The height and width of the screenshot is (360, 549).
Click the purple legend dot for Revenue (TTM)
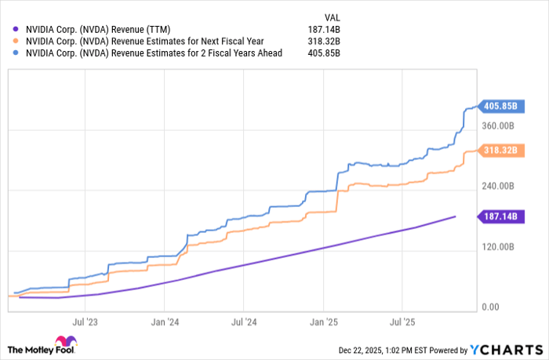point(16,30)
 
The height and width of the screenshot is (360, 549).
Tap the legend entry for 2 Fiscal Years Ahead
point(153,53)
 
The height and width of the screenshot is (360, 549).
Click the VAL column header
point(333,16)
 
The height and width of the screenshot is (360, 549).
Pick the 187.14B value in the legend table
point(329,30)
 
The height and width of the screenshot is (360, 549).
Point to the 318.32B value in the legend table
point(329,42)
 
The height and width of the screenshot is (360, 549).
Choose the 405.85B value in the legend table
point(329,53)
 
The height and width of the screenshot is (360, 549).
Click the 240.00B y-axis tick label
point(498,187)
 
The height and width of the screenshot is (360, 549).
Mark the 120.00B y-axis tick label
point(498,247)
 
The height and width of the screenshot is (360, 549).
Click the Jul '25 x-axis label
point(402,322)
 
